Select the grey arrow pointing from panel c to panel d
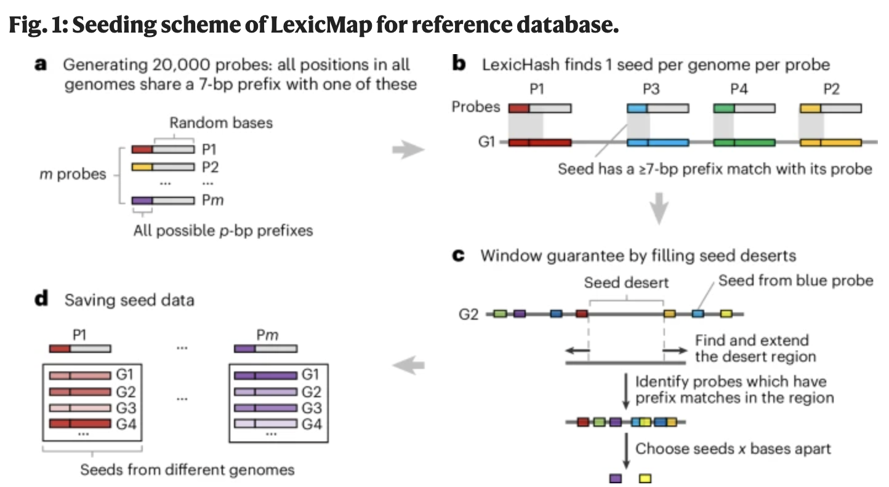tap(408, 366)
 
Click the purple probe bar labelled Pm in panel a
tap(163, 200)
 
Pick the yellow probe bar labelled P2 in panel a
tap(163, 167)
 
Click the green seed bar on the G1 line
tap(744, 143)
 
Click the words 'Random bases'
tap(221, 122)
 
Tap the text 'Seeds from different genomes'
tap(187, 470)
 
